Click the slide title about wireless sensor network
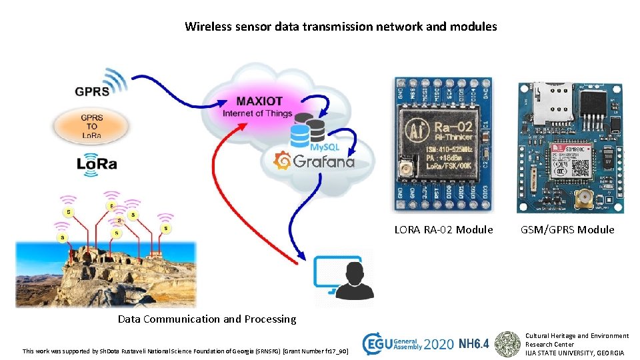point(341,27)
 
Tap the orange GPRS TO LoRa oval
point(93,126)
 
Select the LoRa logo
point(97,163)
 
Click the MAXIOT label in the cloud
point(259,101)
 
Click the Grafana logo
point(315,161)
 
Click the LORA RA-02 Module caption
point(443,230)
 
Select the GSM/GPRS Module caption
point(567,230)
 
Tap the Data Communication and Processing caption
point(207,319)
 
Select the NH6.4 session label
point(474,344)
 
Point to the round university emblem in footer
point(509,344)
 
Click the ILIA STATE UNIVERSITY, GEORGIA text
point(575,353)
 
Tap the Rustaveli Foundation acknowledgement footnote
point(185,351)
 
